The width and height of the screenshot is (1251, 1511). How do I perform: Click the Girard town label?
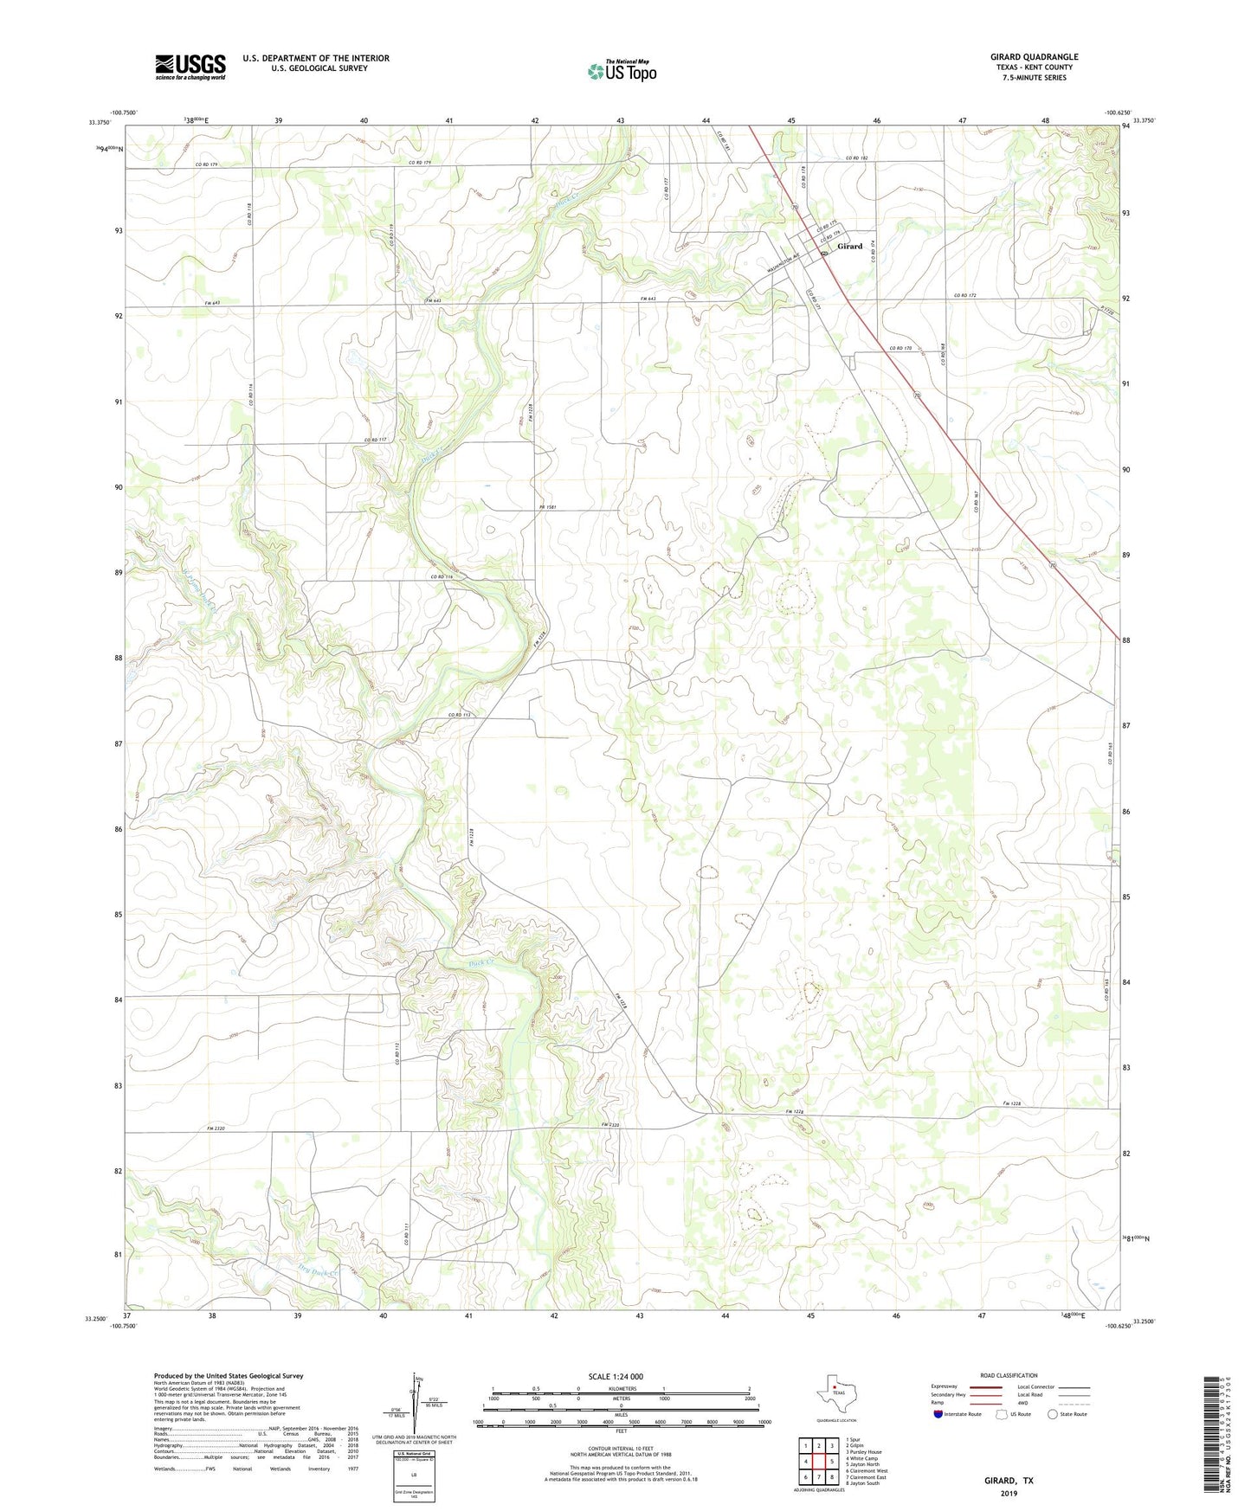[x=849, y=247]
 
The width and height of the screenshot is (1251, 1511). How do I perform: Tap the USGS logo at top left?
[x=190, y=67]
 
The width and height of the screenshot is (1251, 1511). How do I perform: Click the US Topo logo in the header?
[x=622, y=70]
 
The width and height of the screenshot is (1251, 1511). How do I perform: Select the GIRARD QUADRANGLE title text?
[x=1034, y=57]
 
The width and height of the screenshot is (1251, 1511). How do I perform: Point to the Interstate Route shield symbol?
[x=939, y=1414]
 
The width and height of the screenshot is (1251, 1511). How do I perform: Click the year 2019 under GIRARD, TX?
[x=1009, y=1494]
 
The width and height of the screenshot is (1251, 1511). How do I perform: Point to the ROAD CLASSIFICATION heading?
[x=1009, y=1375]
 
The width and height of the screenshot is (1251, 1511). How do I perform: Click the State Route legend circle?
[x=1053, y=1414]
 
